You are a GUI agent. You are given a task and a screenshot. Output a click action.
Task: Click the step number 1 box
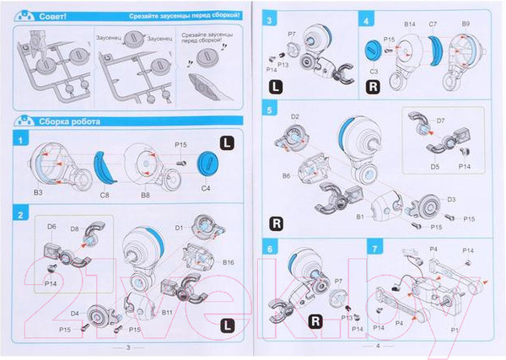tap(20, 137)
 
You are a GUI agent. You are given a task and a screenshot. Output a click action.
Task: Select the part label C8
tap(105, 193)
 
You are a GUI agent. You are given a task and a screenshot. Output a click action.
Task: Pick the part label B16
tap(229, 263)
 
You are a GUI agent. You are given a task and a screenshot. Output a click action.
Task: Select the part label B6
tap(287, 176)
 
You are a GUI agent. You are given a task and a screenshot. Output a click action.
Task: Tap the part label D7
tap(439, 121)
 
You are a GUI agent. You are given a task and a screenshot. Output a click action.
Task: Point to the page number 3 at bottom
tap(126, 347)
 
